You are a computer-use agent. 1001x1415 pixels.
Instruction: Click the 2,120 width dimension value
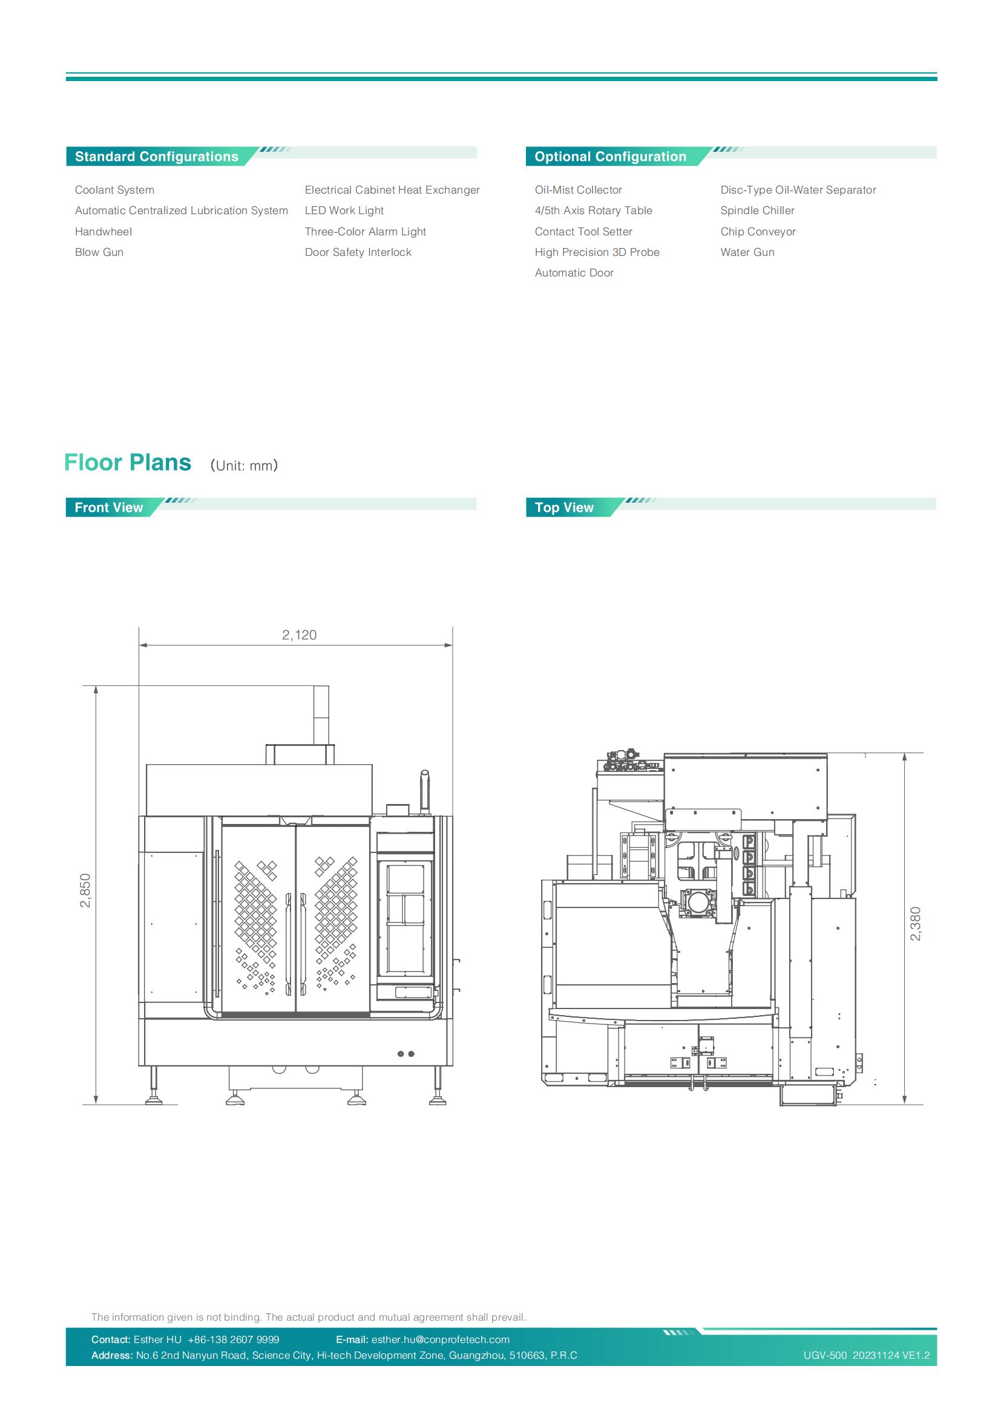299,635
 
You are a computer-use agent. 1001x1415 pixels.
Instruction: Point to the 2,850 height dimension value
86,891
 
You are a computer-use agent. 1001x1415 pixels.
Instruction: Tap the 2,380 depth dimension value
915,924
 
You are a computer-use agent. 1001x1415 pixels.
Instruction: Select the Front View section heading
108,507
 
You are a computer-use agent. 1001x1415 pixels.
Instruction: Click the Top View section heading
564,507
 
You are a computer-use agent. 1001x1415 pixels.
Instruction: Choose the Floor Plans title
128,462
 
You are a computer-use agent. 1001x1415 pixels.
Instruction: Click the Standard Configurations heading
157,157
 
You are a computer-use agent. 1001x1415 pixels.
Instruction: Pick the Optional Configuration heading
610,157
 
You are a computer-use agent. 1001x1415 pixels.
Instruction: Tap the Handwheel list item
103,232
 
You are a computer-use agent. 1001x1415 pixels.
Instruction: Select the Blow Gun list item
99,252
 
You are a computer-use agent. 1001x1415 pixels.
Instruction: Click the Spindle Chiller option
757,211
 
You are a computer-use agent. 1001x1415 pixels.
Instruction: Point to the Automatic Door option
574,273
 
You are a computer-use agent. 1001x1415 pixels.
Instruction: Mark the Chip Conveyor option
758,232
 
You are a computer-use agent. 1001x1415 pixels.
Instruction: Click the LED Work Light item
344,211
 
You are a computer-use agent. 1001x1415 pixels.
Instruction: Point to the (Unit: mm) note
244,465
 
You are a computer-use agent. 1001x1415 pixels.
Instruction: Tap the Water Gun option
747,252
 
